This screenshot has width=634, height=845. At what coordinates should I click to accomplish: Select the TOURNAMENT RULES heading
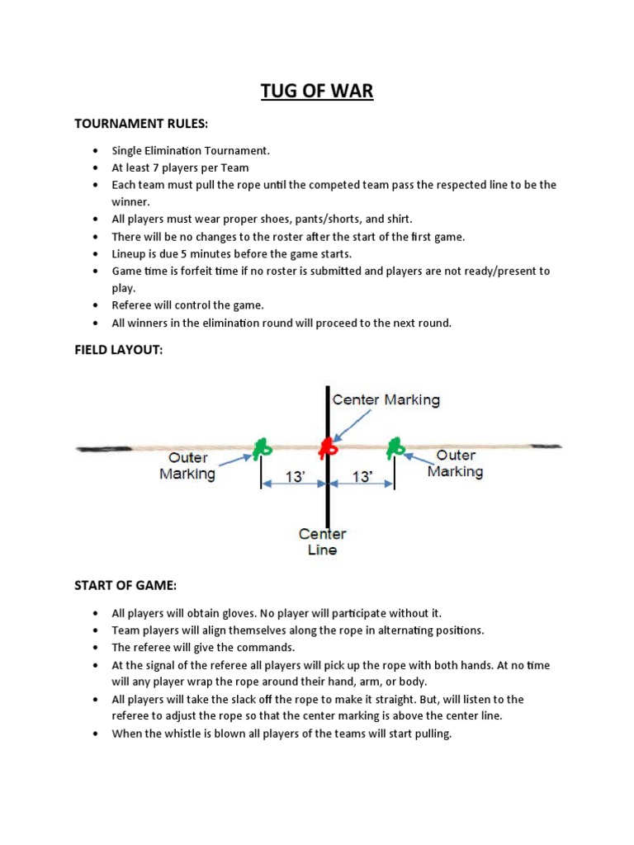click(x=141, y=124)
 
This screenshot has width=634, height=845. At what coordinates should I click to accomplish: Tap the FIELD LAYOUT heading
click(x=118, y=350)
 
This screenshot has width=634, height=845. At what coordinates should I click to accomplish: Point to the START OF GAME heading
click(x=125, y=585)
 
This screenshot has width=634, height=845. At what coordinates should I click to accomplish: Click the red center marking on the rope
click(x=328, y=447)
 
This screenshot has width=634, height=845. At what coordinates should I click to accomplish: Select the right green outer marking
click(x=395, y=447)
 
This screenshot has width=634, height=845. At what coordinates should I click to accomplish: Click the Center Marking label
click(x=386, y=399)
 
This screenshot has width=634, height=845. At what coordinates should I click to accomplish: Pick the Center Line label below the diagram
click(x=323, y=542)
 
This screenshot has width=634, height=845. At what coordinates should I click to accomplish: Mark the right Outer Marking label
click(x=455, y=463)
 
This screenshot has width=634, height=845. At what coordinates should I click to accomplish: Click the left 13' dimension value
click(x=294, y=476)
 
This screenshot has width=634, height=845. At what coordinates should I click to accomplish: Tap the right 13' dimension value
click(x=362, y=476)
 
